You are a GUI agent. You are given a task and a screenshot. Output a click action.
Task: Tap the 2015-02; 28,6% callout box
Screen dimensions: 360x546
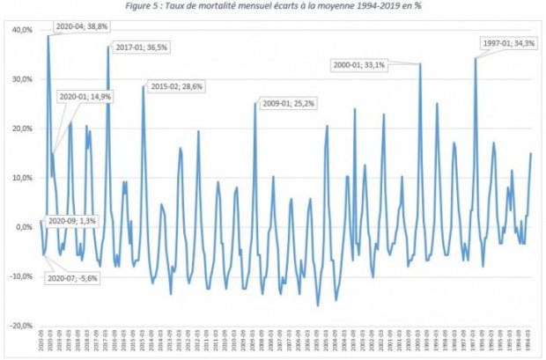pos(174,86)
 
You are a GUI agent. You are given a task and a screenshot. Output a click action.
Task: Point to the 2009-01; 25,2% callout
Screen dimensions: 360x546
pos(289,104)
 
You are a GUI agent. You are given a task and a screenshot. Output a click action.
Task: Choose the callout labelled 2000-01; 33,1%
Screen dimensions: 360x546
pos(360,63)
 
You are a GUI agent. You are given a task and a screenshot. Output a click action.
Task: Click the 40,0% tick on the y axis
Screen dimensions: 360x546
pos(20,30)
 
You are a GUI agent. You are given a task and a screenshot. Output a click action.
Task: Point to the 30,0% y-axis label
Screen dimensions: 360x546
pos(20,79)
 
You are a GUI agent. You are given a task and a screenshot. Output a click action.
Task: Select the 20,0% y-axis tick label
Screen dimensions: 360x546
pos(20,129)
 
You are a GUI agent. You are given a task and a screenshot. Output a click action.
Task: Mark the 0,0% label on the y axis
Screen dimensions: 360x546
pos(22,227)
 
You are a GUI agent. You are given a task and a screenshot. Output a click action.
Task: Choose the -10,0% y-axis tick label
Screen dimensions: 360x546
pos(19,276)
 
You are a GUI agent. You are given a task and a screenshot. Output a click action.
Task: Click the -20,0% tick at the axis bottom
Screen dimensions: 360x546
pos(19,326)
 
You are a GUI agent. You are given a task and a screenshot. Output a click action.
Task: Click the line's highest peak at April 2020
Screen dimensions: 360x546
pos(48,36)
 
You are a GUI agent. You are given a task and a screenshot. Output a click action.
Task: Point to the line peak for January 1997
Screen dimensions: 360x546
pos(476,58)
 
